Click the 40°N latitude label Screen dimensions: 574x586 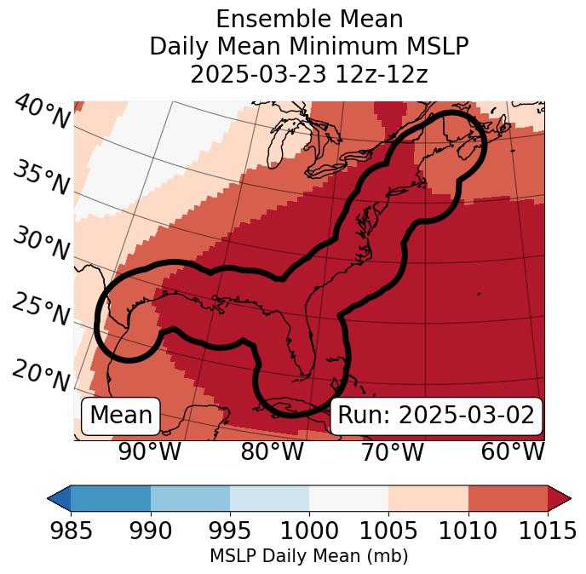pyautogui.click(x=40, y=112)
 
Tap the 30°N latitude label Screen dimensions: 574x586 pyautogui.click(x=40, y=244)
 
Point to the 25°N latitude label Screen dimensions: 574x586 pyautogui.click(x=40, y=310)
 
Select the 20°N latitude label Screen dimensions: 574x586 pyautogui.click(x=40, y=376)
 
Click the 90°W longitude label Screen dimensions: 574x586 pyautogui.click(x=150, y=451)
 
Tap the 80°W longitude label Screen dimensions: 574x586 pyautogui.click(x=272, y=451)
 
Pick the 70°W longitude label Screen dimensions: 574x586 pyautogui.click(x=392, y=451)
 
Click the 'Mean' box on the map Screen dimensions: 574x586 pyautogui.click(x=121, y=416)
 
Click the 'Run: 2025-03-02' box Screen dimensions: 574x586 pyautogui.click(x=436, y=416)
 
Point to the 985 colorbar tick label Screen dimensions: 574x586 pyautogui.click(x=71, y=531)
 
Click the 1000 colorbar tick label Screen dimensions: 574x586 pyautogui.click(x=309, y=531)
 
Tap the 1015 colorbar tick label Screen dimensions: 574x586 pyautogui.click(x=547, y=531)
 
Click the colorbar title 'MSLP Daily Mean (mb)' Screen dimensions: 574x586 pyautogui.click(x=308, y=557)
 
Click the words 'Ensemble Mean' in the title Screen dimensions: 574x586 pyautogui.click(x=309, y=19)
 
